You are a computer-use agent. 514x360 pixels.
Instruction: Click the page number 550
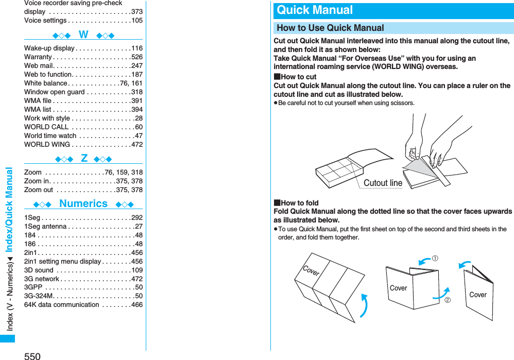(32, 355)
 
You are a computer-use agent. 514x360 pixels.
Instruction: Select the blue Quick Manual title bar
(394, 10)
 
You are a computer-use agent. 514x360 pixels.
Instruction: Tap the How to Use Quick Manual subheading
(330, 28)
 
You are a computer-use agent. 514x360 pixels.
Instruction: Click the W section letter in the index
(83, 35)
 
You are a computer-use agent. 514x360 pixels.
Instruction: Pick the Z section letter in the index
(84, 158)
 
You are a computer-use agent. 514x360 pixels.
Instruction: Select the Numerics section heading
(83, 203)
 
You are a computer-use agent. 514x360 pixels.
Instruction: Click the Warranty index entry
(38, 57)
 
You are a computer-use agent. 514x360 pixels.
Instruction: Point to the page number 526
(137, 57)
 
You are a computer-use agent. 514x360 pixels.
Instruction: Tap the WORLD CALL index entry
(46, 127)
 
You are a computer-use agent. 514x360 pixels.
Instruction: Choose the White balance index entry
(46, 83)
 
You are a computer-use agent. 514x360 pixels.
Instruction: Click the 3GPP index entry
(33, 287)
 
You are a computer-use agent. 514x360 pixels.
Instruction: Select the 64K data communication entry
(62, 304)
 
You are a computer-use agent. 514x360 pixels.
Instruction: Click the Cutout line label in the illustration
(383, 183)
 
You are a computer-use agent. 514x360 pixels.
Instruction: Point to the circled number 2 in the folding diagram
(447, 299)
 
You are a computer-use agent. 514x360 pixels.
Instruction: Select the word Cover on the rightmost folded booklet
(477, 295)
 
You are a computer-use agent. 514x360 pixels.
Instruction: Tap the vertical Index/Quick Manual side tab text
(8, 211)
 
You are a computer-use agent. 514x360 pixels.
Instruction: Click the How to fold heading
(299, 203)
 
